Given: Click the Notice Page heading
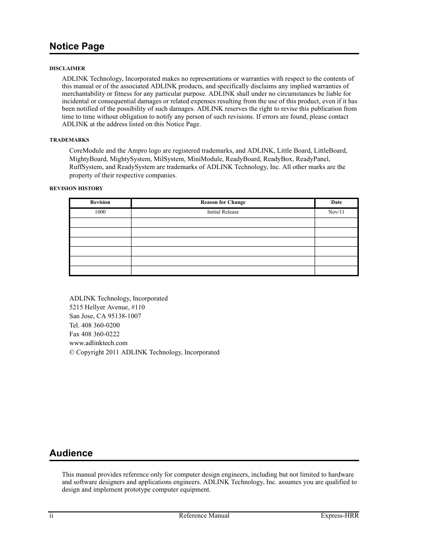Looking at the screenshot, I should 77,46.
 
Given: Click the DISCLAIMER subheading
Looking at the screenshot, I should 67,68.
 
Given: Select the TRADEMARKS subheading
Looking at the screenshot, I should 69,140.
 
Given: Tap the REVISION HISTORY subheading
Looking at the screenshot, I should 76,188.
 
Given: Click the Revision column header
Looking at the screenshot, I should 100,203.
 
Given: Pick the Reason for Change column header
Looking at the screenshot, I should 223,203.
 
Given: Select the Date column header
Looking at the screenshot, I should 336,203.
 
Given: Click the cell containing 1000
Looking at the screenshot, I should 100,212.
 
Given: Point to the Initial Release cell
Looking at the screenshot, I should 223,212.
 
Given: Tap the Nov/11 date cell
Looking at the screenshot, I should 336,212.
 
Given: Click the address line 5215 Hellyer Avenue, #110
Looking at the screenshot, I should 107,307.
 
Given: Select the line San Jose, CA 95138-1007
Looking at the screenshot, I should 105,316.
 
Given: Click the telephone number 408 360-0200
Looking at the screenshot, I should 101,325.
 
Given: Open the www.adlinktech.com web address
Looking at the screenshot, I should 98,343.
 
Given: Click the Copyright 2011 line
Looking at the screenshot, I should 144,352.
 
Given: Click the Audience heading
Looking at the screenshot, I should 71,453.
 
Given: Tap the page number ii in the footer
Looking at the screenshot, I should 51,516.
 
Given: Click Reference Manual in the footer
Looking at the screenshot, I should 204,516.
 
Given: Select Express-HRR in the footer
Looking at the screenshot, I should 339,516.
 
